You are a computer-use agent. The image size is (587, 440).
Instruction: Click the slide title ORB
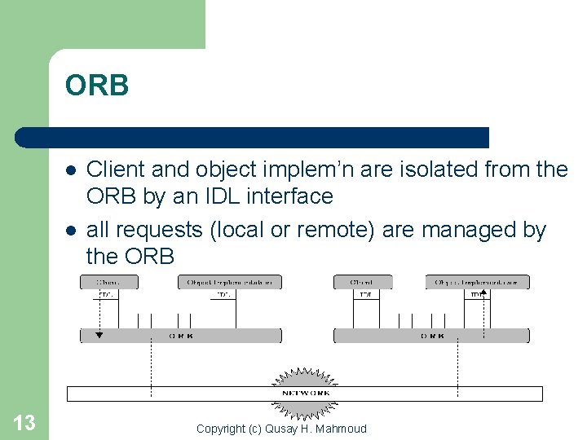(97, 86)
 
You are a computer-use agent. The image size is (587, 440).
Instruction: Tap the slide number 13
(24, 422)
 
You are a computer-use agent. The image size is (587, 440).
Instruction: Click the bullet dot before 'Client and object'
(72, 170)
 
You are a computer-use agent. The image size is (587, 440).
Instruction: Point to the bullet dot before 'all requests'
(72, 231)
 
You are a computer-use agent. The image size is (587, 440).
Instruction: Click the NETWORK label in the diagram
(306, 393)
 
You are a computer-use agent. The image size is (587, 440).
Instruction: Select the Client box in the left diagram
(108, 282)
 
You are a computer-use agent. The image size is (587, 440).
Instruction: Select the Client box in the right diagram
(362, 282)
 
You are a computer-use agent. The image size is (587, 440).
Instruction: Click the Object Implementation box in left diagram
(229, 282)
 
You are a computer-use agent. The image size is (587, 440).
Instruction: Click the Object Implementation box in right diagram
(477, 282)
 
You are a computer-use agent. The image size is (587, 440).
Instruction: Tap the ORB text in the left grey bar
(180, 336)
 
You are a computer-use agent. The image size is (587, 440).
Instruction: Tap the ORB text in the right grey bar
(432, 336)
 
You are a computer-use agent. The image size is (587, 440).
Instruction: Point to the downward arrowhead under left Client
(99, 333)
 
